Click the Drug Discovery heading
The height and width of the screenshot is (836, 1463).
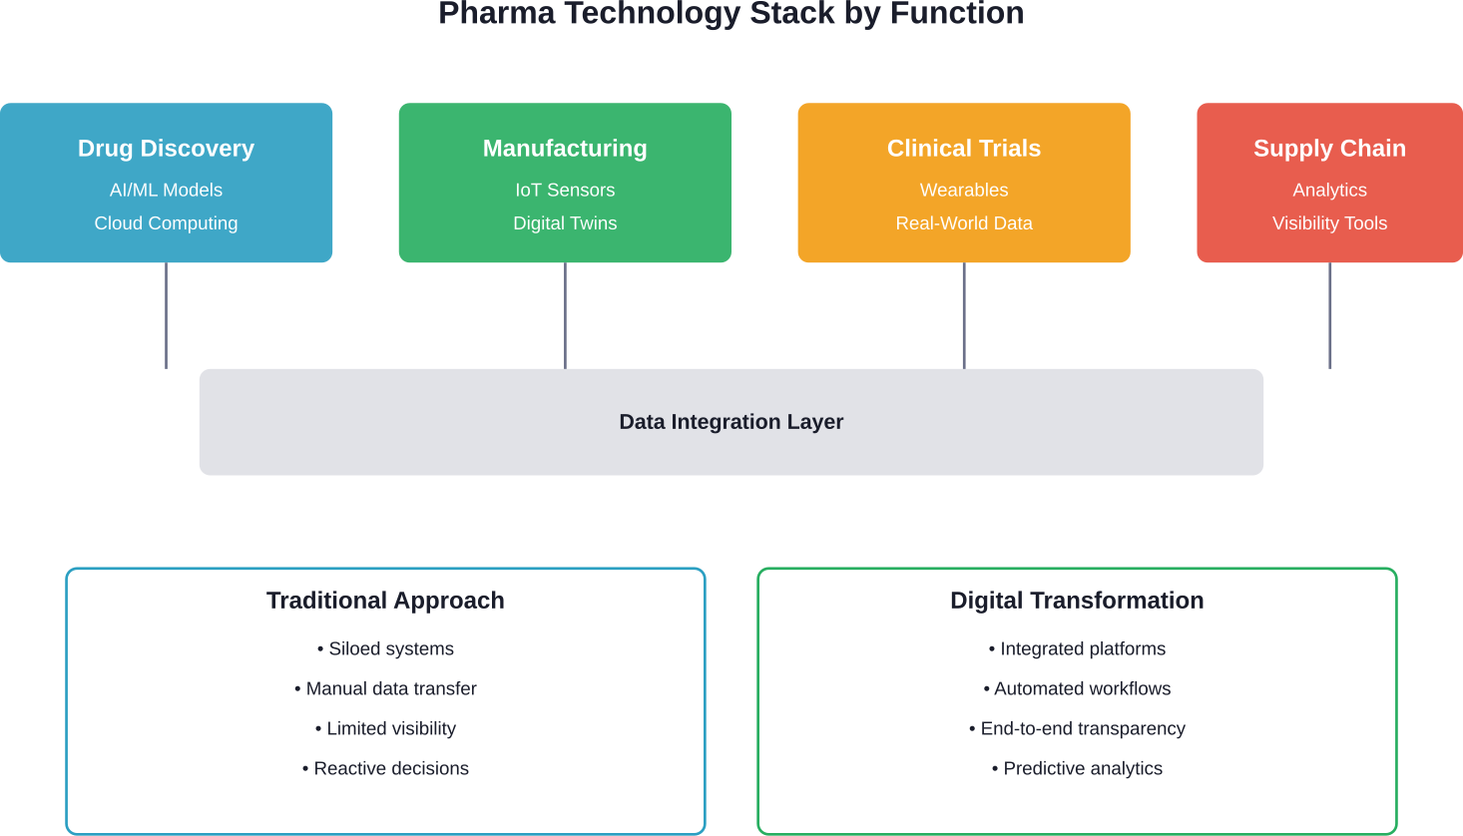(166, 149)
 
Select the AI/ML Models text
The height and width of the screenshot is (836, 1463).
(166, 190)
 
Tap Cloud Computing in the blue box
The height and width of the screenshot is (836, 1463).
(166, 223)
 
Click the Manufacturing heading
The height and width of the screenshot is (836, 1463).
(565, 149)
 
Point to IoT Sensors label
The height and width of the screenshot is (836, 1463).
(565, 190)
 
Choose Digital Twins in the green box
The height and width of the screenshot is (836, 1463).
(565, 223)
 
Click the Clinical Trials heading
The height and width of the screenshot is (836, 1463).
(964, 149)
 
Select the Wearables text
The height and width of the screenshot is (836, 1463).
(964, 190)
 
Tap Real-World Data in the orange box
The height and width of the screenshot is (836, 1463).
(964, 223)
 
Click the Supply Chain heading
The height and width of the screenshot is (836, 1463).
(1329, 149)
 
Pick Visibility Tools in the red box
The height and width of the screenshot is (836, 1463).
(1329, 223)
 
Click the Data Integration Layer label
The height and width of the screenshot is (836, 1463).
(731, 422)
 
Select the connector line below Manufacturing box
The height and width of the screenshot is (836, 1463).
(565, 315)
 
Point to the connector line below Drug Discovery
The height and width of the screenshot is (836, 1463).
(166, 315)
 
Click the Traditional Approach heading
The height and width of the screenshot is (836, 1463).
(385, 601)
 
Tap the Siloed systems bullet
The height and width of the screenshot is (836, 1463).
(386, 649)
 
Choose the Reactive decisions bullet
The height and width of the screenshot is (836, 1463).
(386, 769)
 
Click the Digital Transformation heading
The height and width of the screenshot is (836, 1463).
(1077, 601)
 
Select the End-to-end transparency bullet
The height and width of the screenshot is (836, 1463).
(1078, 729)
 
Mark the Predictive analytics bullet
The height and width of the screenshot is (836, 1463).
(1078, 769)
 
